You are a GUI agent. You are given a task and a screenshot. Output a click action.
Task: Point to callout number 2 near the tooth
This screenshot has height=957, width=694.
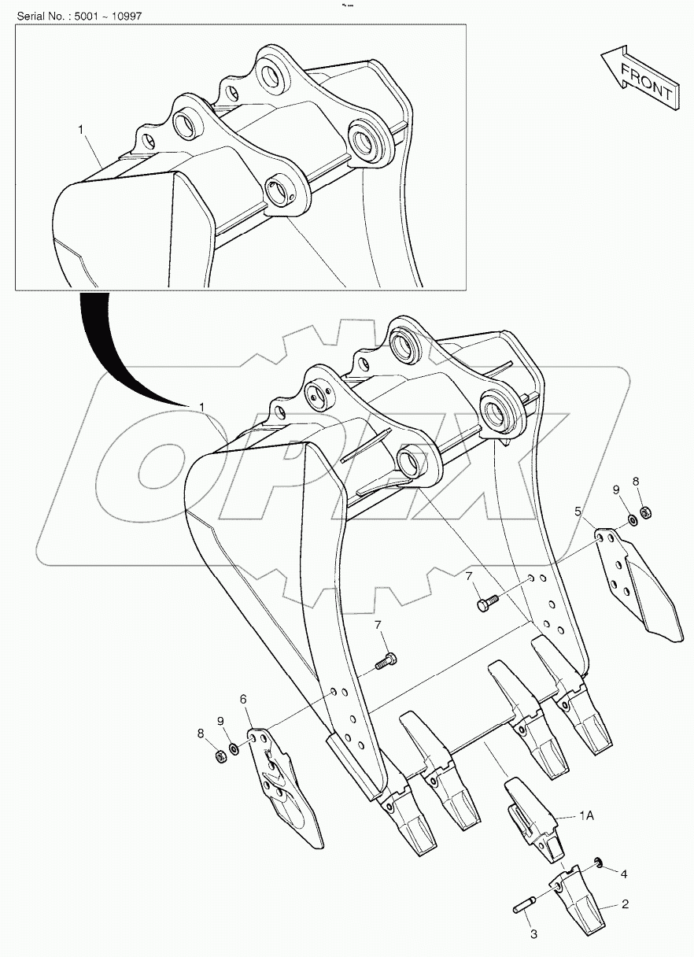625,904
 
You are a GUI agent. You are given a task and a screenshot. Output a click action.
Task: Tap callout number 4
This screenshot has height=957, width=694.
623,873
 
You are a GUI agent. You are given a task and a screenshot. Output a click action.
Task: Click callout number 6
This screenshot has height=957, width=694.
243,698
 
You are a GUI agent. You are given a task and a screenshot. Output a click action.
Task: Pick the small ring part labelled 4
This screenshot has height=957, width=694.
598,866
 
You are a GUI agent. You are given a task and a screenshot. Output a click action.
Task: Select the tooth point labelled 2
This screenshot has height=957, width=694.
581,901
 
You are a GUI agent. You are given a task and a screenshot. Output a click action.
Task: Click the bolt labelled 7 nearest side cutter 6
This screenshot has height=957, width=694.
386,661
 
